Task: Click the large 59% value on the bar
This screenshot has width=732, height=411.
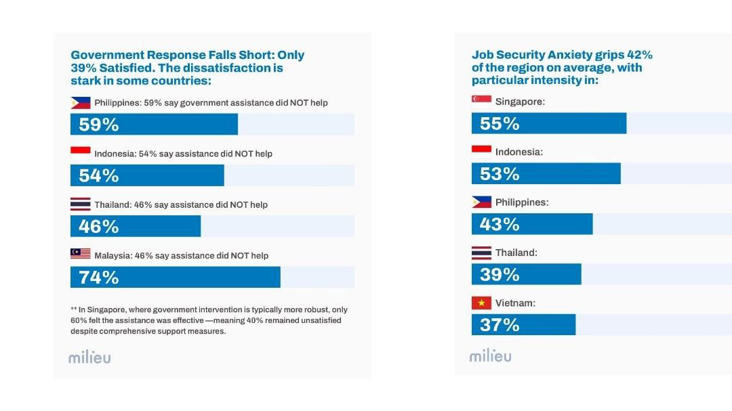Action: tap(99, 125)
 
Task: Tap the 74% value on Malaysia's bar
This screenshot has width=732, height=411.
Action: tap(99, 278)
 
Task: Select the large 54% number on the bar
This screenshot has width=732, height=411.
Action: tap(99, 176)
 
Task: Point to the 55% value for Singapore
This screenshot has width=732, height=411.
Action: tap(500, 124)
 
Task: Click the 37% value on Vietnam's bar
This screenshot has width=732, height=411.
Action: tap(500, 325)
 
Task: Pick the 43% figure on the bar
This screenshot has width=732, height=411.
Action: tap(500, 224)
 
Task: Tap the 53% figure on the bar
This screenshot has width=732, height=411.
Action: tap(500, 174)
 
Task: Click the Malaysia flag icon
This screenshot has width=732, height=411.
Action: tap(81, 254)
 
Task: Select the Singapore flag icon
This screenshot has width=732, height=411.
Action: tap(481, 101)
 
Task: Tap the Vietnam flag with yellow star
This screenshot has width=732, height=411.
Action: tap(481, 303)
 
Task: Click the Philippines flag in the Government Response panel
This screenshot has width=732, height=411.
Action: tap(81, 102)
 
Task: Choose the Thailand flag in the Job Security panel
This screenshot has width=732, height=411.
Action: tap(481, 253)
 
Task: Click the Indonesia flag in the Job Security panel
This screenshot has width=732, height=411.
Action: tap(481, 152)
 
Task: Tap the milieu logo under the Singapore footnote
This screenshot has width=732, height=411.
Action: tap(89, 358)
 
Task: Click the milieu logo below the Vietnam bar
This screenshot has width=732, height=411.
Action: tap(491, 355)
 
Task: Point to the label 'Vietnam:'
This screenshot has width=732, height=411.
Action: tap(515, 303)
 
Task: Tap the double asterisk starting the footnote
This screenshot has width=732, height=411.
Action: tap(74, 309)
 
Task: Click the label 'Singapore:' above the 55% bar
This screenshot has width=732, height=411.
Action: tap(520, 102)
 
